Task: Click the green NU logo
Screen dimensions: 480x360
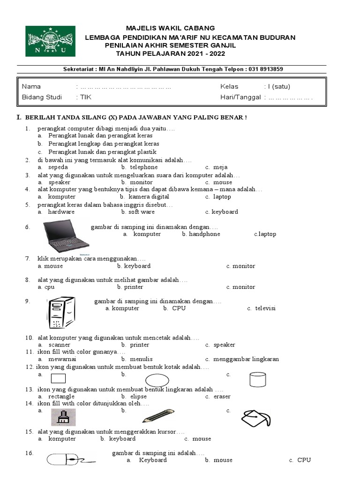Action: pyautogui.click(x=50, y=41)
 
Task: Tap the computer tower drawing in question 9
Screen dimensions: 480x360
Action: pyautogui.click(x=61, y=312)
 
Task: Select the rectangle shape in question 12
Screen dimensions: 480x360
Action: pyautogui.click(x=58, y=378)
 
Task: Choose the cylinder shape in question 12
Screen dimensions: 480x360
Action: pyautogui.click(x=257, y=379)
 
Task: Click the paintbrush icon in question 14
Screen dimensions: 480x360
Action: pyautogui.click(x=63, y=417)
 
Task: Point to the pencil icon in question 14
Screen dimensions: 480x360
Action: pyautogui.click(x=158, y=416)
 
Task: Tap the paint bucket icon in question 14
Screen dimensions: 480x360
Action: pyautogui.click(x=256, y=416)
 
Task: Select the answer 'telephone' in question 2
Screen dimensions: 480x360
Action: pyautogui.click(x=141, y=167)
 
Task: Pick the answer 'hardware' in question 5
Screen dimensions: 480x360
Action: pyautogui.click(x=61, y=212)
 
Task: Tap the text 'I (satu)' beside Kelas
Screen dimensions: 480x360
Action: pyautogui.click(x=279, y=86)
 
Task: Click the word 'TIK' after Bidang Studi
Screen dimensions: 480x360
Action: pyautogui.click(x=86, y=97)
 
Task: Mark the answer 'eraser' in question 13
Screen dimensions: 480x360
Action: pyautogui.click(x=222, y=397)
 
